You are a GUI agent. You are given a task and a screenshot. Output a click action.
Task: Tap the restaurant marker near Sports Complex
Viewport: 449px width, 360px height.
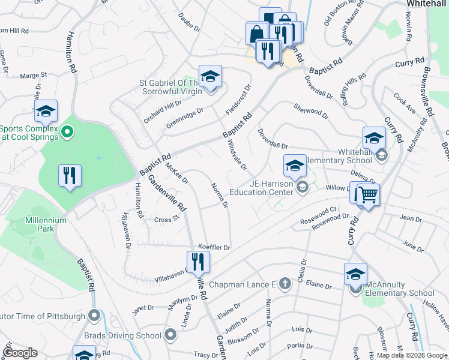(x=70, y=175)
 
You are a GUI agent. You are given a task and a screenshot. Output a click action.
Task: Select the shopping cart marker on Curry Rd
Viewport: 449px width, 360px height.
(x=367, y=194)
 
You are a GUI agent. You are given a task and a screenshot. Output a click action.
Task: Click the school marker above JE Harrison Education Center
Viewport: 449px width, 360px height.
(x=295, y=166)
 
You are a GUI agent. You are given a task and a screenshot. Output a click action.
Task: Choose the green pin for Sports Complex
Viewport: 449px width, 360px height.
(x=67, y=131)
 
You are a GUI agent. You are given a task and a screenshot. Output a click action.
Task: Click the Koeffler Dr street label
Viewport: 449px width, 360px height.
(x=214, y=247)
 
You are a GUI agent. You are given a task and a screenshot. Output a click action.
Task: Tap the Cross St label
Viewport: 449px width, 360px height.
(x=167, y=220)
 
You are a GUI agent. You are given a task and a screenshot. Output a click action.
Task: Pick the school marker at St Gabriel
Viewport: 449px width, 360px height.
(x=210, y=77)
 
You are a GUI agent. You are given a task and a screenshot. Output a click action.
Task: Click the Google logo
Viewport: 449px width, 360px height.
(x=20, y=353)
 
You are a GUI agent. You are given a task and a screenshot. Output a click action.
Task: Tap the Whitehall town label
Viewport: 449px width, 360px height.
(x=426, y=4)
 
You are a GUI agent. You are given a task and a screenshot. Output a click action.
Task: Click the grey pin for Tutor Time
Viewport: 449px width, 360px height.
(x=94, y=315)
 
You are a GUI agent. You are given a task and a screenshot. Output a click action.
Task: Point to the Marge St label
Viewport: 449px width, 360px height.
(x=34, y=76)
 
